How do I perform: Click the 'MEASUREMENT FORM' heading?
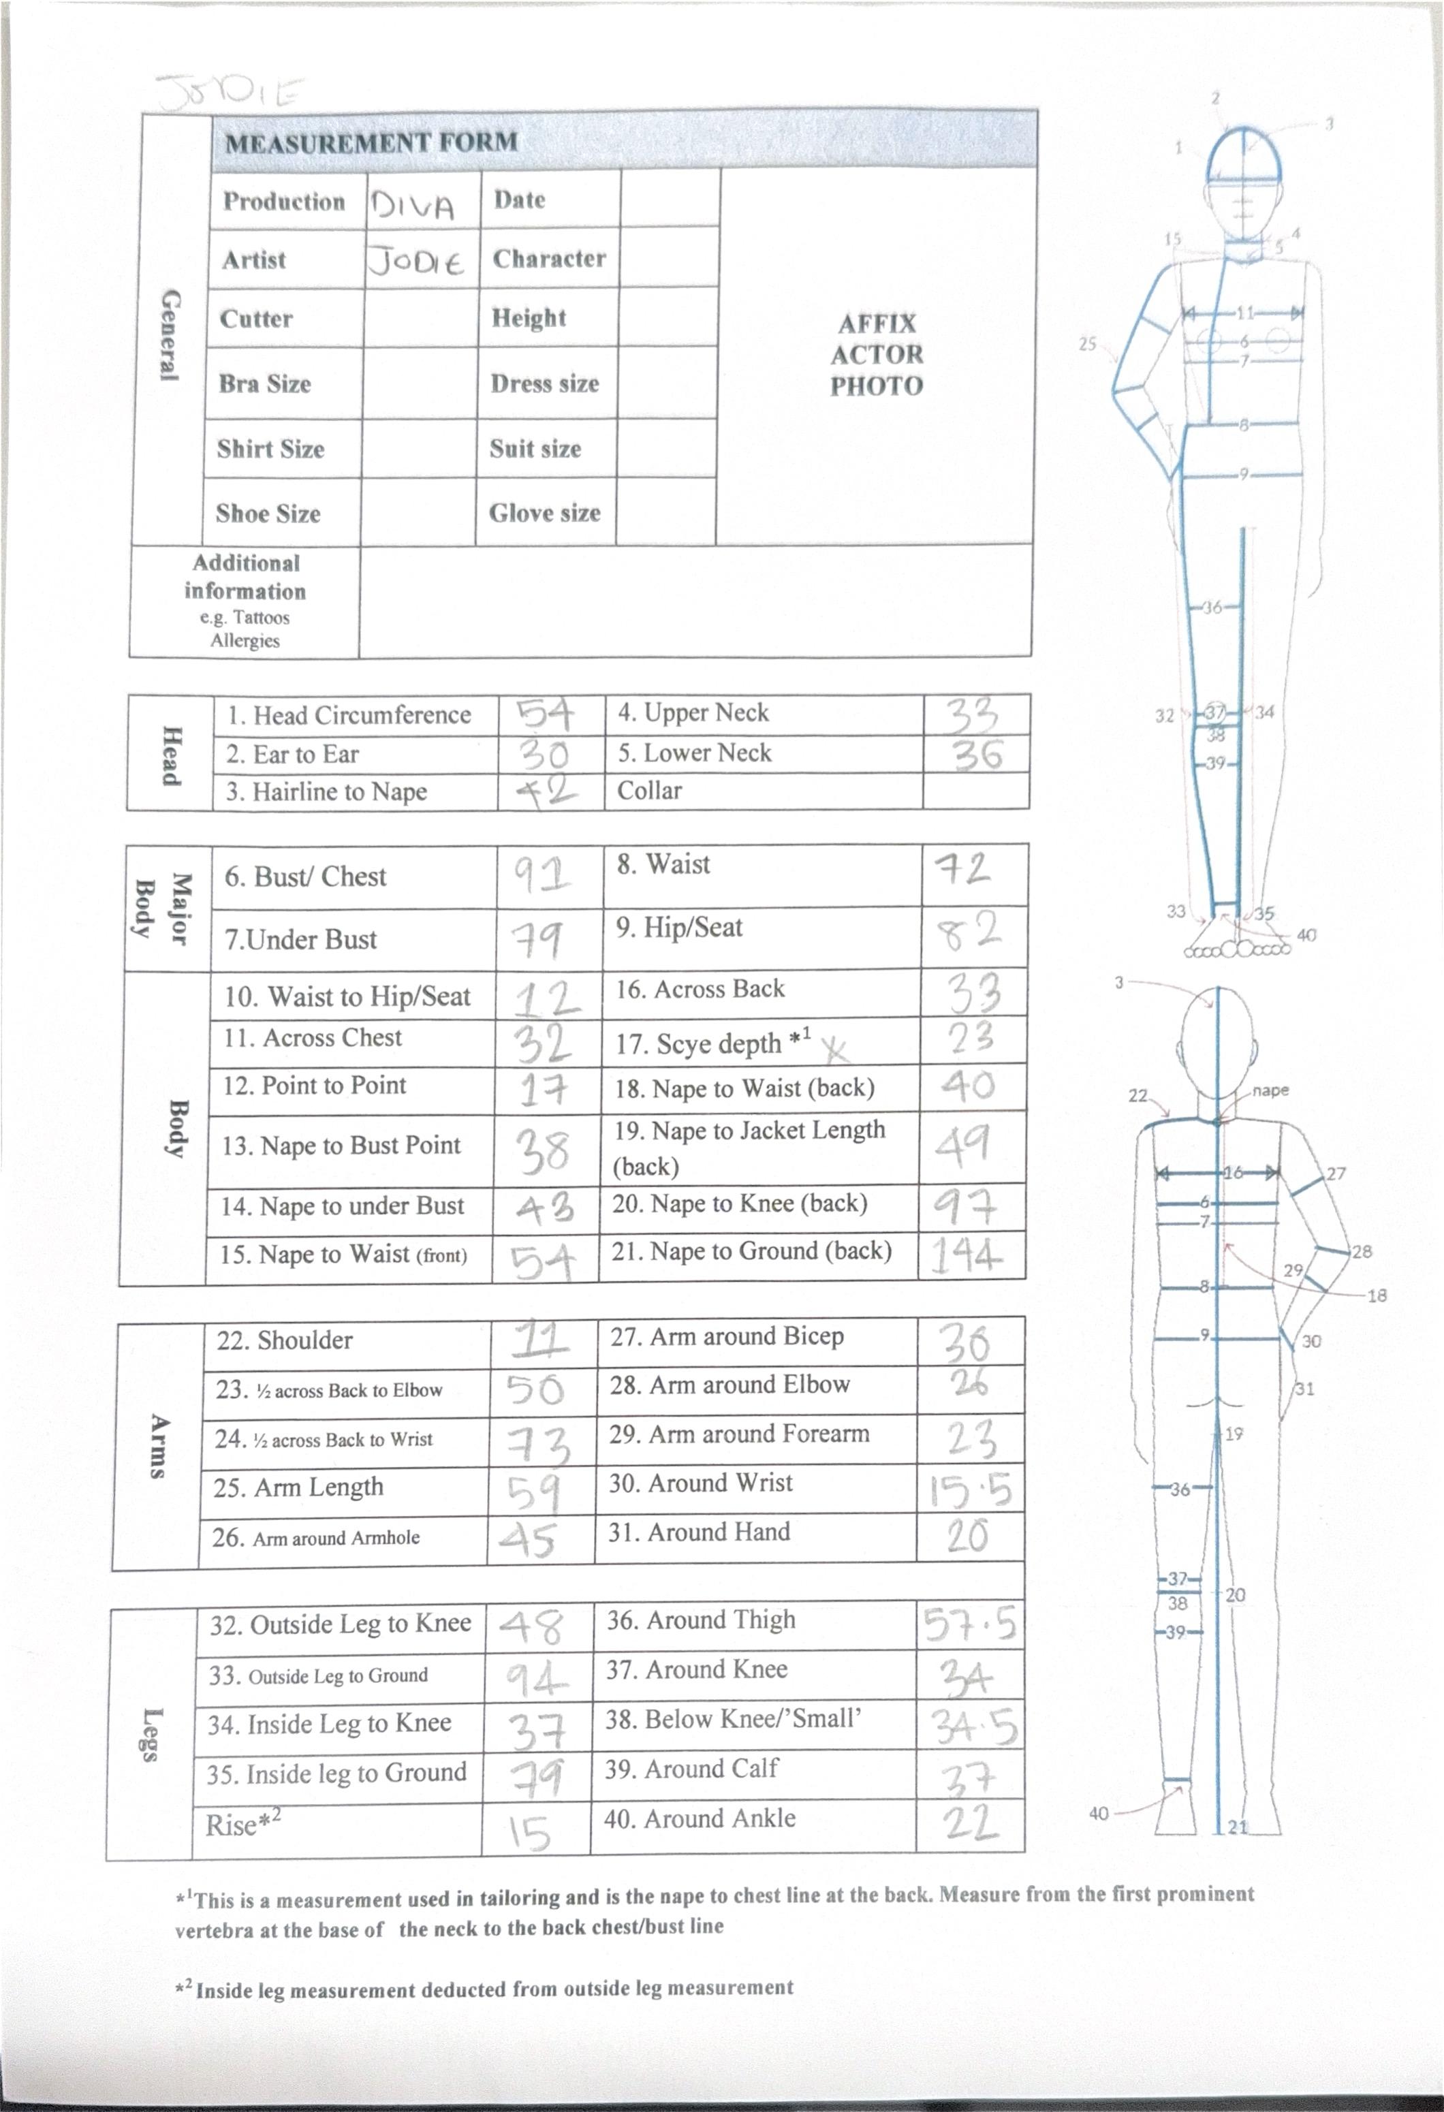click(371, 142)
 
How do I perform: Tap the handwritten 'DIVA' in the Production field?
click(411, 207)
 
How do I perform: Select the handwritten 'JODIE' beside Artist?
click(417, 263)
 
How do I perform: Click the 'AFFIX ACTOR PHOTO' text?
click(876, 354)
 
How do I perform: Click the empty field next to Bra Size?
click(420, 383)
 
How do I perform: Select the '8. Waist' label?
click(663, 864)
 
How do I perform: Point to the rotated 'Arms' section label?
click(158, 1446)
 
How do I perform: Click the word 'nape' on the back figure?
click(1270, 1090)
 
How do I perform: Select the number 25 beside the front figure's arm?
click(1088, 345)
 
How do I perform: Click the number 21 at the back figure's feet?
click(1238, 1826)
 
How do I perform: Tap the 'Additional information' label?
click(245, 577)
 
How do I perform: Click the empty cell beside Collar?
click(975, 791)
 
